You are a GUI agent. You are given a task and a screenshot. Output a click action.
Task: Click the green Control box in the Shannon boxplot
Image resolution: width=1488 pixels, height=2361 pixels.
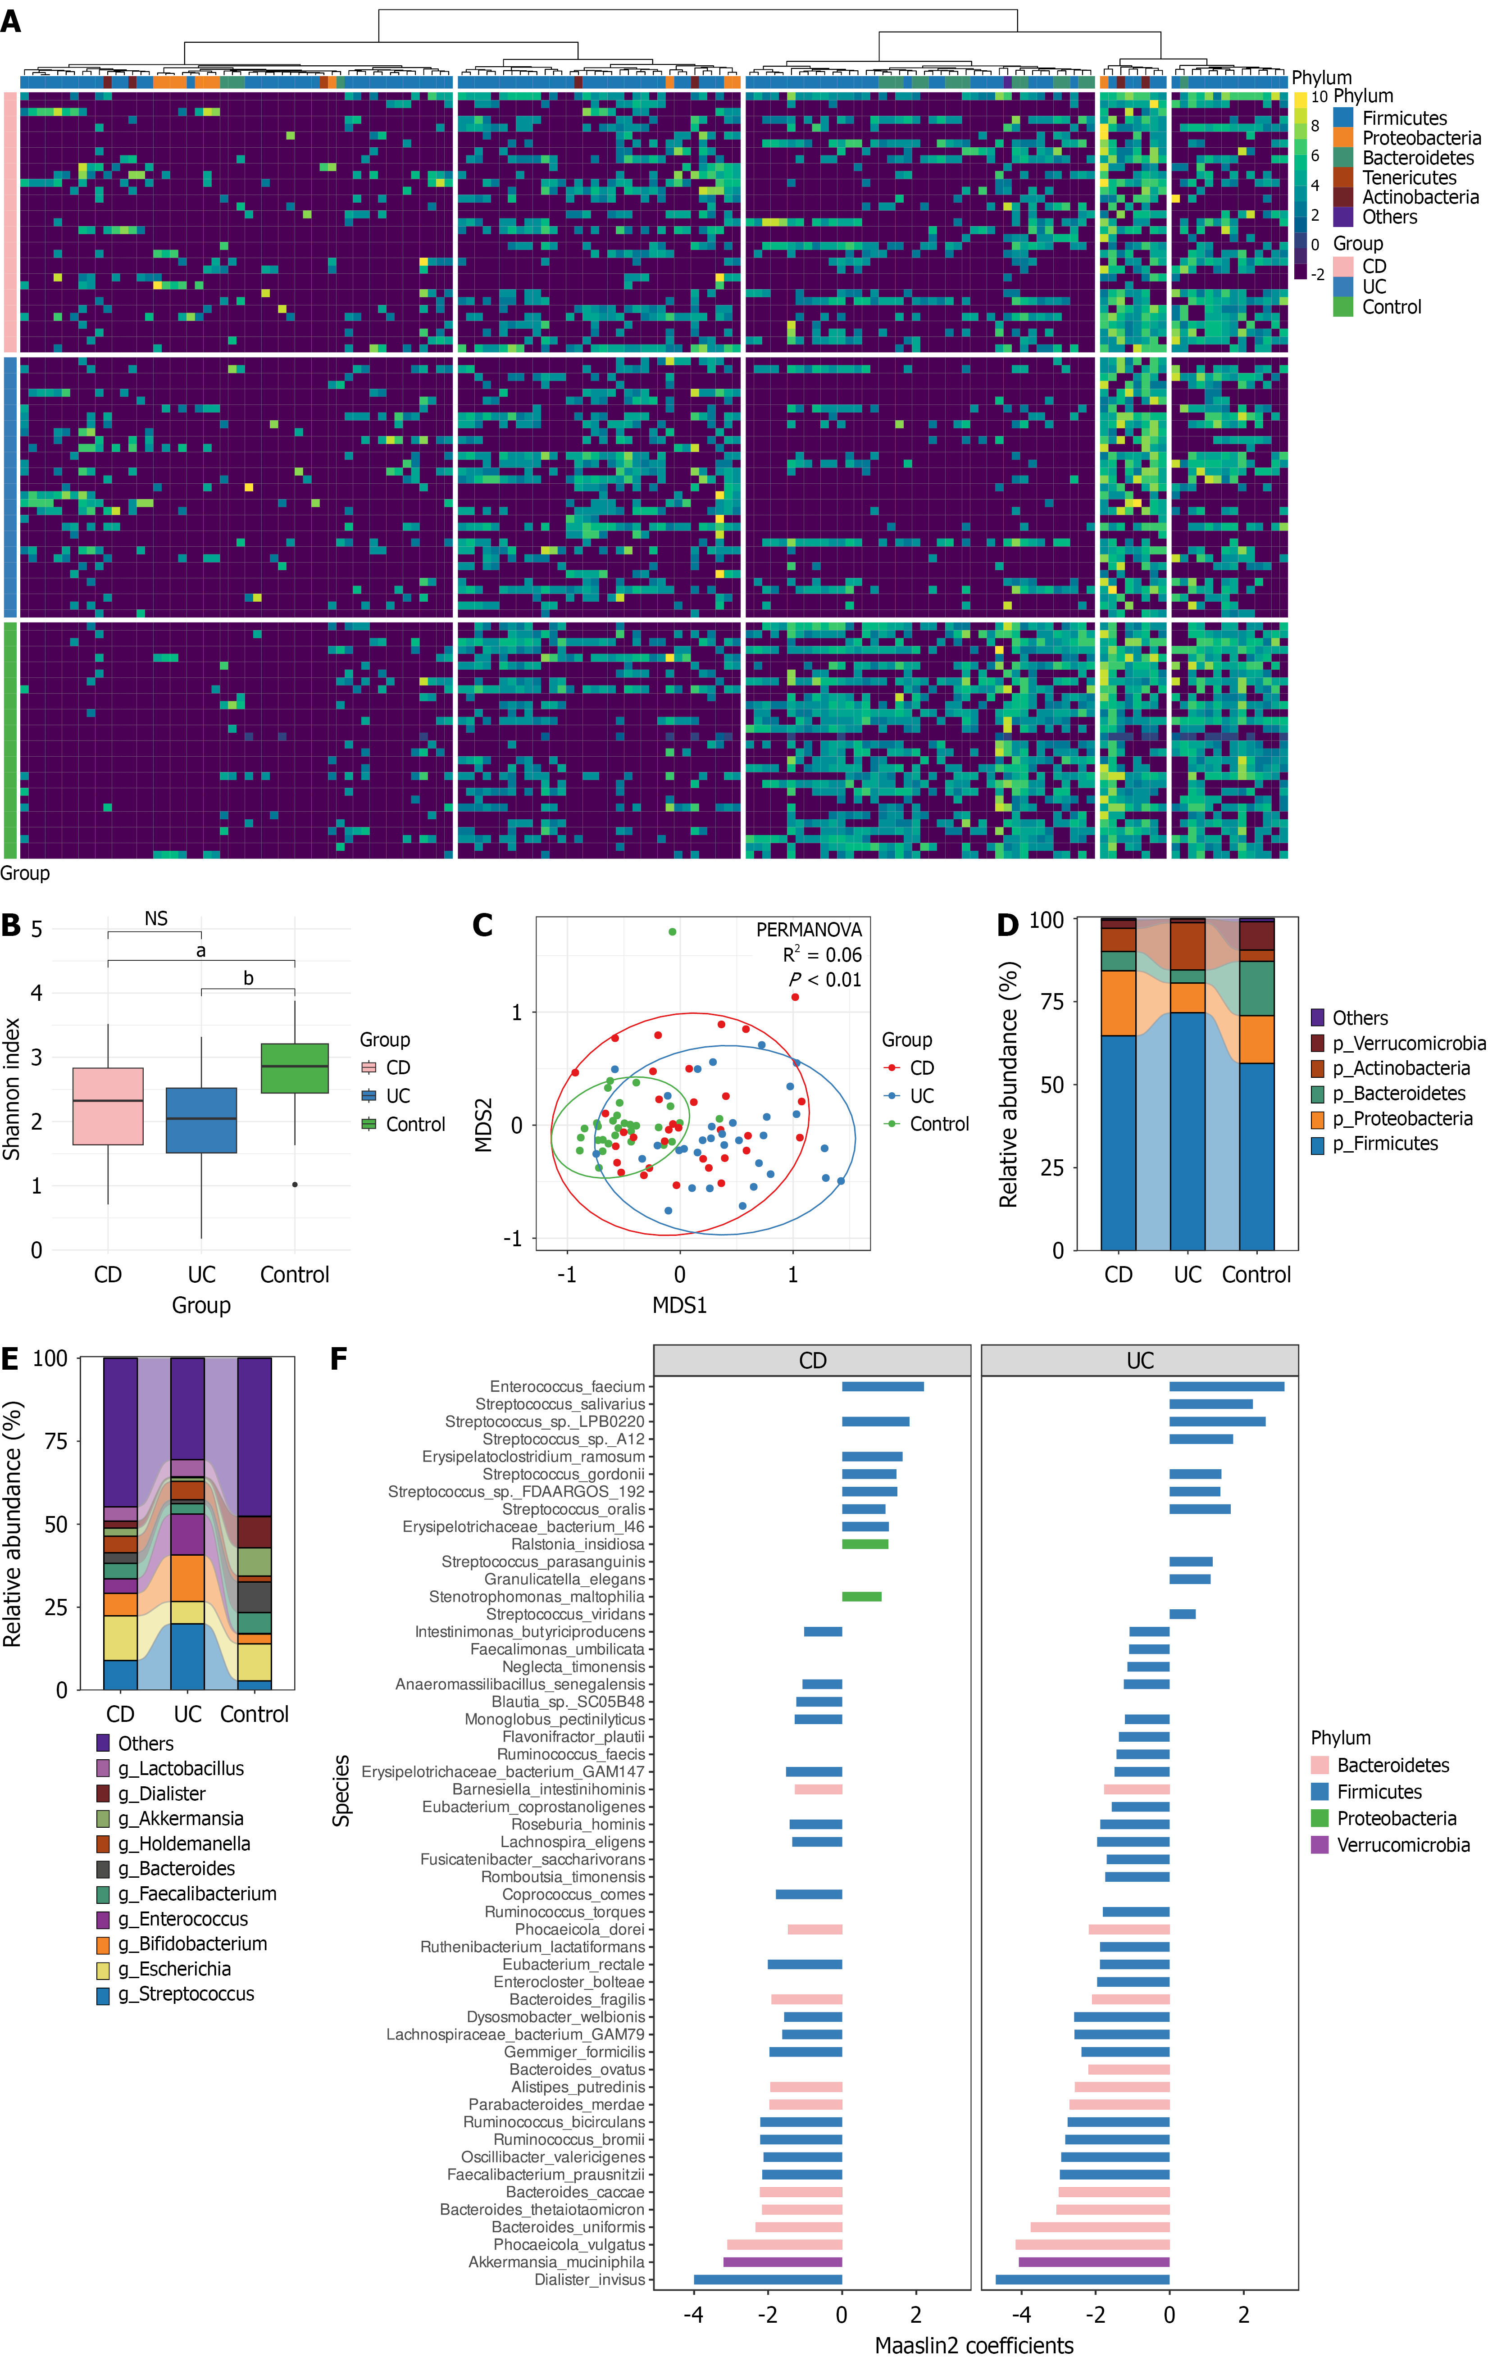pyautogui.click(x=294, y=1068)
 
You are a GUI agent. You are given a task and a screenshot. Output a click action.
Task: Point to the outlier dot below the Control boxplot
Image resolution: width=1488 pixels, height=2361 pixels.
pyautogui.click(x=294, y=1185)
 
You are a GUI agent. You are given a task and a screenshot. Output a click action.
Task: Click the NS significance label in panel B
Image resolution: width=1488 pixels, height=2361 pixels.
pyautogui.click(x=156, y=919)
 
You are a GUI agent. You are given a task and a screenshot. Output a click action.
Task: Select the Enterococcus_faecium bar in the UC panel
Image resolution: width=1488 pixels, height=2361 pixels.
pyautogui.click(x=1226, y=1386)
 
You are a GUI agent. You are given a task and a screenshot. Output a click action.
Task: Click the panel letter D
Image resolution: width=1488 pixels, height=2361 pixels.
pyautogui.click(x=1007, y=925)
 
